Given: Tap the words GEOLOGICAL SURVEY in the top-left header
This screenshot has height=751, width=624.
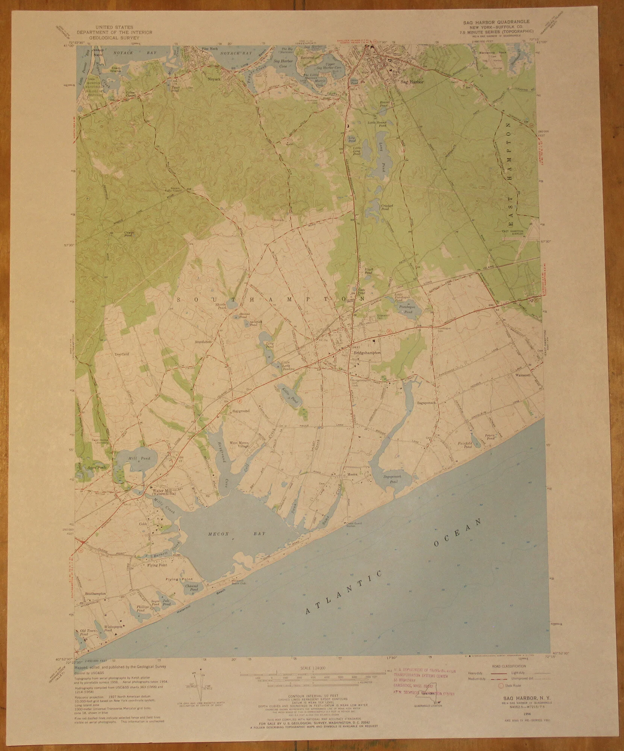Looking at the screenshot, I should [114, 38].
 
